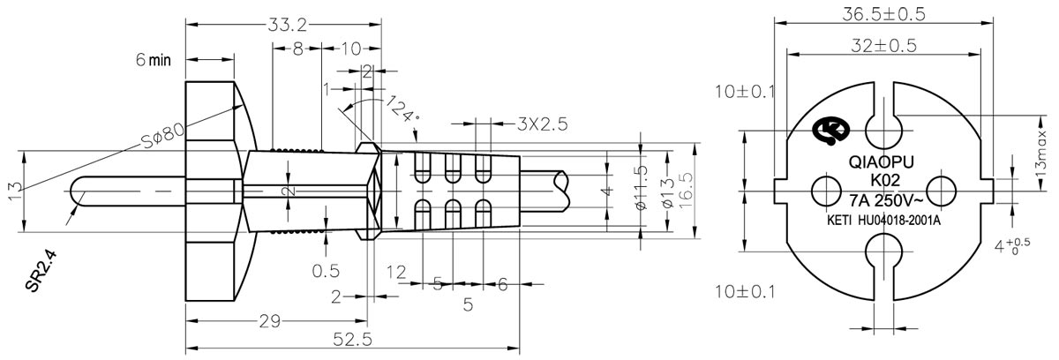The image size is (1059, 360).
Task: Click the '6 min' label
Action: click(x=152, y=60)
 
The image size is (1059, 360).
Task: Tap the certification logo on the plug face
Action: click(x=830, y=131)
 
